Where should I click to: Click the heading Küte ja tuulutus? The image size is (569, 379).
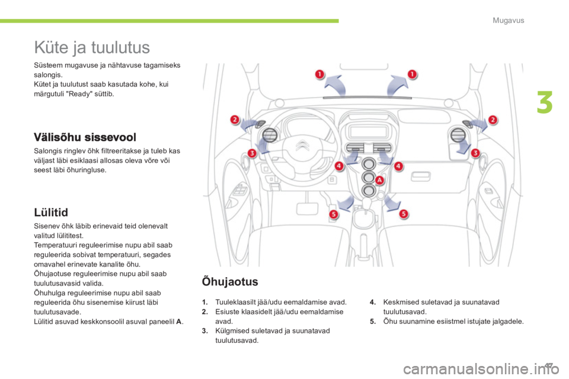pyautogui.click(x=92, y=47)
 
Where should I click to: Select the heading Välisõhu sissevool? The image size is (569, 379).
pyautogui.click(x=85, y=137)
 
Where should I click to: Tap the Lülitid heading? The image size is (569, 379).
pyautogui.click(x=51, y=212)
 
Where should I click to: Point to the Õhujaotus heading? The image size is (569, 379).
pyautogui.click(x=230, y=281)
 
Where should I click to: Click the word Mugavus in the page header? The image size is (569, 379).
pyautogui.click(x=508, y=20)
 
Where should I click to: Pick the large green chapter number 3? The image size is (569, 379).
pyautogui.click(x=545, y=102)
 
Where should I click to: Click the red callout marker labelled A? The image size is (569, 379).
pyautogui.click(x=379, y=180)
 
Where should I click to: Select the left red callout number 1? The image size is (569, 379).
pyautogui.click(x=319, y=75)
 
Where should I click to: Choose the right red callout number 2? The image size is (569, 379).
pyautogui.click(x=493, y=120)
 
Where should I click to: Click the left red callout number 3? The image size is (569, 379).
pyautogui.click(x=252, y=153)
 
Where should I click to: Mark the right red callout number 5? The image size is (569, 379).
pyautogui.click(x=404, y=214)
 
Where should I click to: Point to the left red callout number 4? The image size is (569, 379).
pyautogui.click(x=339, y=166)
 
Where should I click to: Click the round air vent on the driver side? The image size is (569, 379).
pyautogui.click(x=270, y=135)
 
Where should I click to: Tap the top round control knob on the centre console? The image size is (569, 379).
pyautogui.click(x=369, y=164)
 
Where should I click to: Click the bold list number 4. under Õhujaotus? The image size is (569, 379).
pyautogui.click(x=373, y=302)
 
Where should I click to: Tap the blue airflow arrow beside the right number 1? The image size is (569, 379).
pyautogui.click(x=397, y=86)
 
